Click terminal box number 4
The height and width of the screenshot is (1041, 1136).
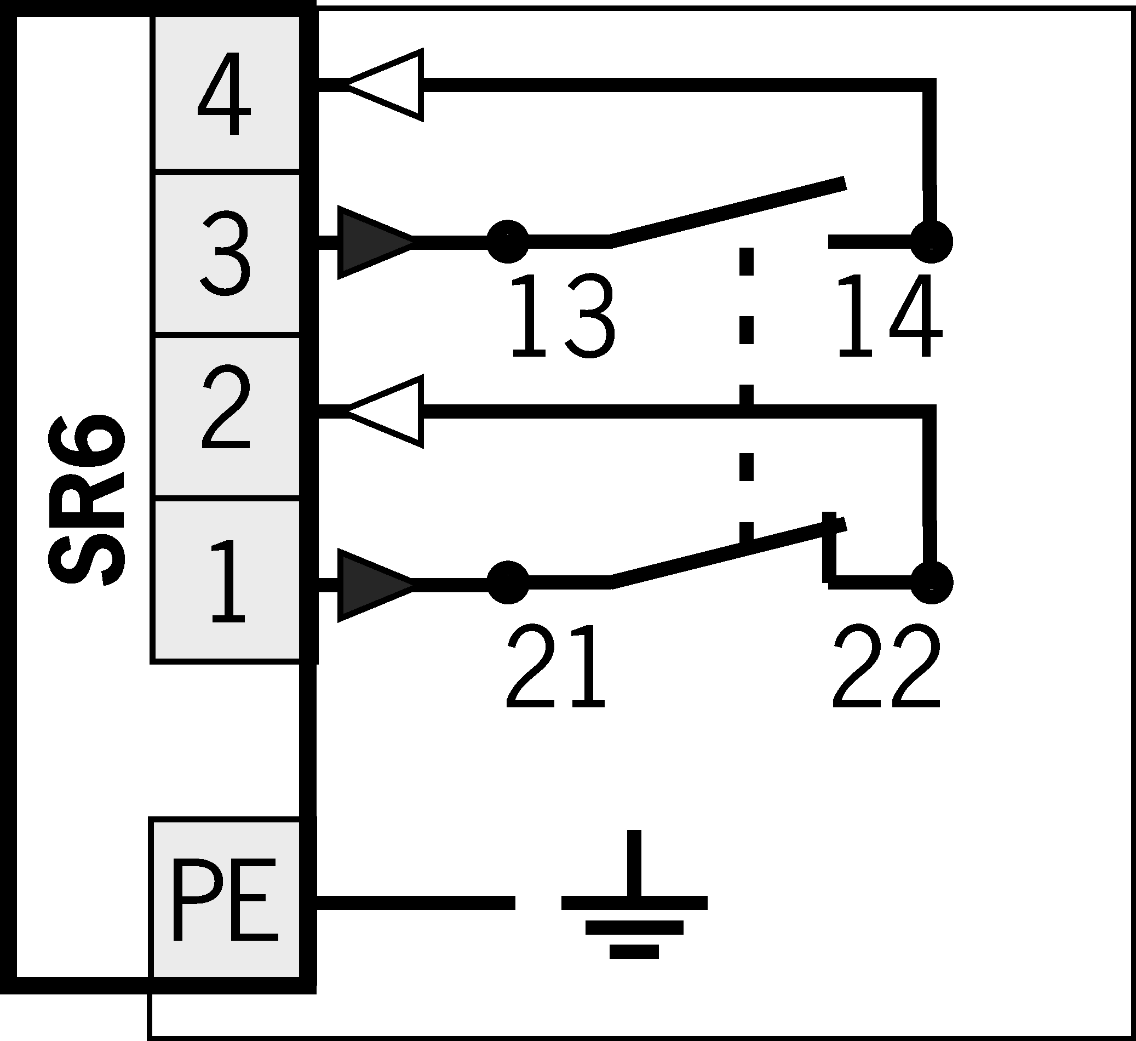(x=226, y=93)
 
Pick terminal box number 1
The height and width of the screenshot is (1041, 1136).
(x=226, y=581)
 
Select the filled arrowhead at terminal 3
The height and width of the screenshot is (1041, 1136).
(x=372, y=242)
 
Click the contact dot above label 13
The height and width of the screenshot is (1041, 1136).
(x=507, y=242)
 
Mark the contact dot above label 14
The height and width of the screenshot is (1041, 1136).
(x=932, y=242)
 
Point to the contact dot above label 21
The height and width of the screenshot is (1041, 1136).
(x=507, y=582)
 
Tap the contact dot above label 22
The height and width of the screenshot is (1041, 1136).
(x=932, y=582)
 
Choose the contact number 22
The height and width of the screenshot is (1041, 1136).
(x=886, y=667)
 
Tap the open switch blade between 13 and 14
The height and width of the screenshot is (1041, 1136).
(x=727, y=213)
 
